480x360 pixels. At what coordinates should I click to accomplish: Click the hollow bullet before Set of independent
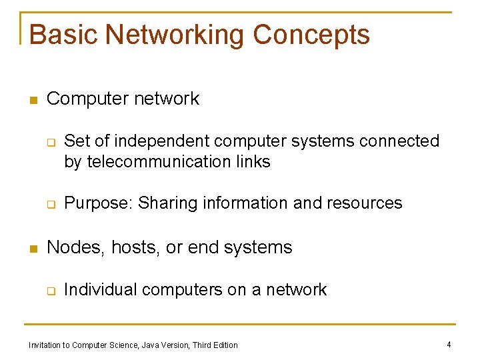tap(49, 142)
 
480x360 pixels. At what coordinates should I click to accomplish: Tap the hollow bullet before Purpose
tap(49, 205)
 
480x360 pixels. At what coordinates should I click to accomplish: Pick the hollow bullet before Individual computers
tap(49, 291)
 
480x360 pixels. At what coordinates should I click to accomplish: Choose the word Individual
tap(100, 289)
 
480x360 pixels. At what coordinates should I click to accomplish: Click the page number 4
tap(449, 345)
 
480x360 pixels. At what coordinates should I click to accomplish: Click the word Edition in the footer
tap(225, 345)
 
